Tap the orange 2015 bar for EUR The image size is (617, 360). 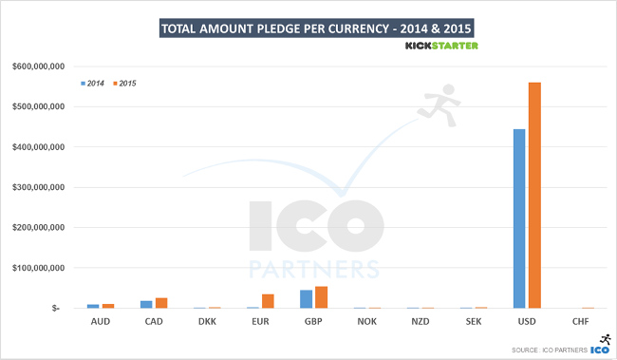(269, 301)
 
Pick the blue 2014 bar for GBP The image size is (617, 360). (306, 299)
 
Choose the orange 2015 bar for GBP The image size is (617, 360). (321, 297)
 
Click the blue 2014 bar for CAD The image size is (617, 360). (146, 304)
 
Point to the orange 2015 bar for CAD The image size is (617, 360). (161, 303)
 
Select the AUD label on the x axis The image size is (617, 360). (100, 322)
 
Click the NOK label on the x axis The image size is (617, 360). (366, 322)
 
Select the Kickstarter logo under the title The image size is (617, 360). (442, 45)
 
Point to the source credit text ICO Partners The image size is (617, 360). (548, 349)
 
